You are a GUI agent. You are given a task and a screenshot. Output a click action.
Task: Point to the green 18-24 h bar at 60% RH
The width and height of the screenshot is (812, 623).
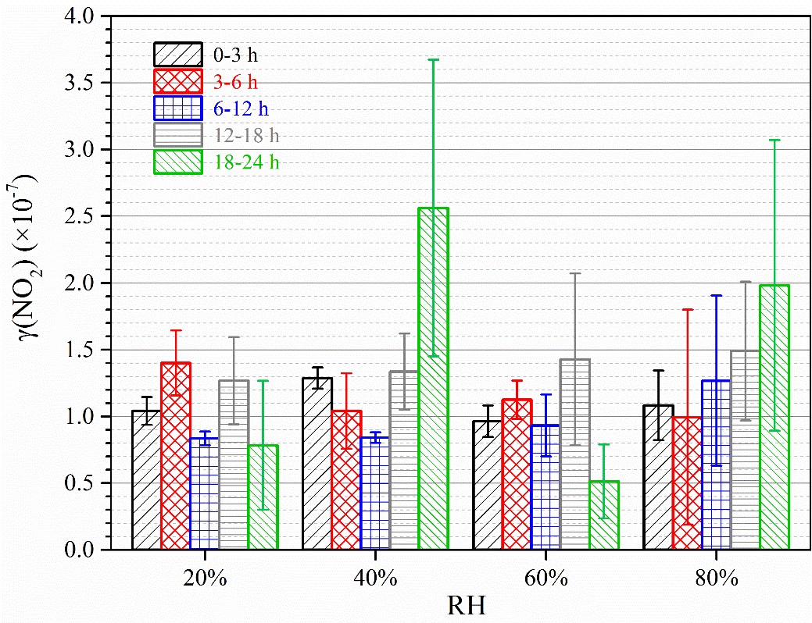coord(603,514)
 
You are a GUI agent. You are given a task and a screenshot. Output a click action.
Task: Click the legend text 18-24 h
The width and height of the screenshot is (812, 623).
coord(246,162)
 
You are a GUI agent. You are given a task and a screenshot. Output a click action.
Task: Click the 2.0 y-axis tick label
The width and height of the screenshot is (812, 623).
coord(87,283)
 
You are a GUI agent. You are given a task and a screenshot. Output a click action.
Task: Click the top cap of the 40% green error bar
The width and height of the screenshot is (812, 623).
coord(433,59)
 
